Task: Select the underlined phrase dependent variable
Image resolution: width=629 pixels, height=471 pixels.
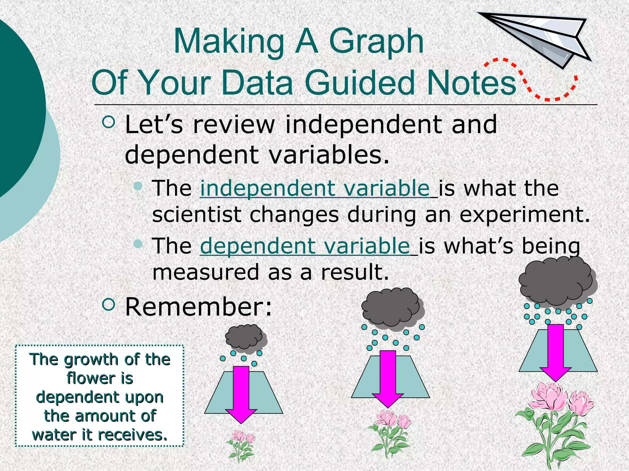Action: click(x=305, y=246)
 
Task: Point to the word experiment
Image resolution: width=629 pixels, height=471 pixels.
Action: click(x=524, y=214)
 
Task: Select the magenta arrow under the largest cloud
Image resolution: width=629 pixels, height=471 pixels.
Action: click(x=555, y=353)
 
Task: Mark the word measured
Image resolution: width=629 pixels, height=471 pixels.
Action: click(x=206, y=272)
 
